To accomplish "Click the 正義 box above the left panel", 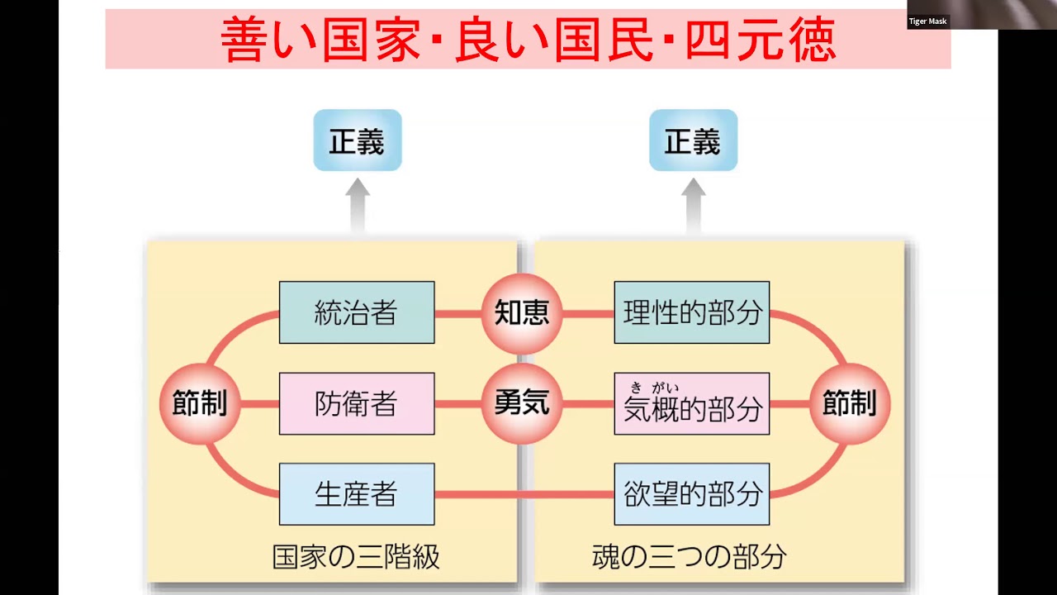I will tap(357, 141).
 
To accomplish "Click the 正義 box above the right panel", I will tap(692, 141).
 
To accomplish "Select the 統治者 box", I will tap(356, 312).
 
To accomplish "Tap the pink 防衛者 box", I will tap(356, 404).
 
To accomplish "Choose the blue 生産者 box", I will tap(356, 494).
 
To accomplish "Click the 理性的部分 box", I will tap(691, 312).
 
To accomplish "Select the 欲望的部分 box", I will tap(691, 494).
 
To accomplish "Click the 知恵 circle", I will tap(522, 313).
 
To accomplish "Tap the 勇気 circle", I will tap(522, 404).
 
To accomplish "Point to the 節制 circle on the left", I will tap(199, 404).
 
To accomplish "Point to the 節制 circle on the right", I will tap(849, 404).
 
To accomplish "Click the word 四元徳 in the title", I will tap(761, 39).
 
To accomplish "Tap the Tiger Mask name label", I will tap(928, 21).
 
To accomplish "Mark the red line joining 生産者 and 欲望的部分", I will tap(524, 495).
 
